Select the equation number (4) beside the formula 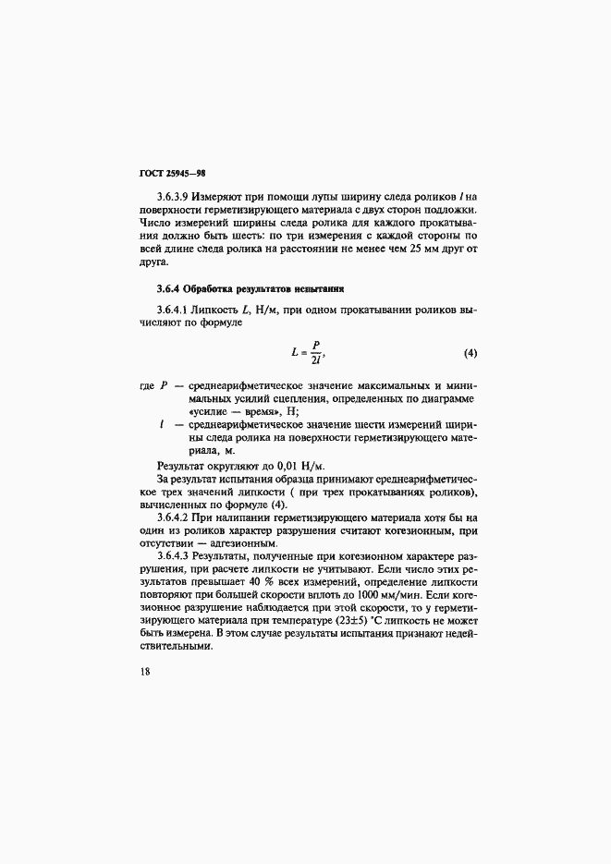[470, 353]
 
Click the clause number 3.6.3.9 [176, 197]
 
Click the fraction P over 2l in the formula [314, 353]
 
